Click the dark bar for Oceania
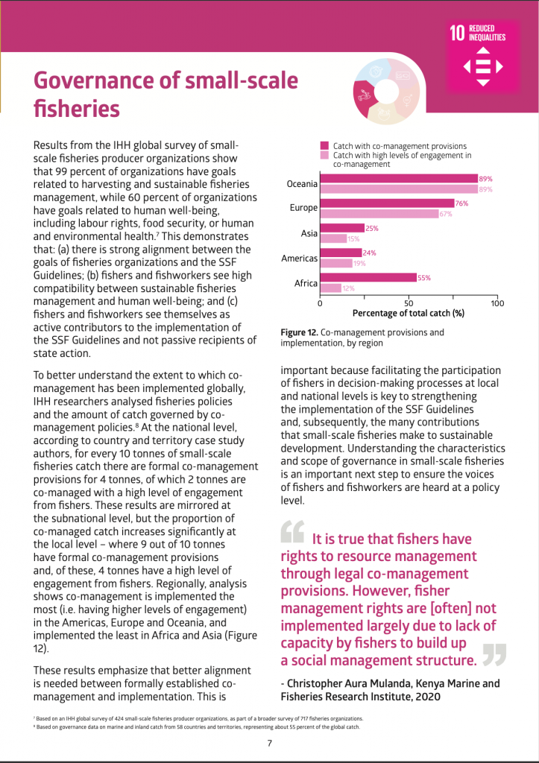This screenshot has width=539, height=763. (x=399, y=179)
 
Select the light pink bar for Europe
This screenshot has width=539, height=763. (x=379, y=214)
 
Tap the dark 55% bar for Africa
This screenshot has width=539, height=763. (x=368, y=278)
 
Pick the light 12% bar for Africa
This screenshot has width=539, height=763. (x=331, y=288)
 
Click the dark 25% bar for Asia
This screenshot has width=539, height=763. (x=342, y=228)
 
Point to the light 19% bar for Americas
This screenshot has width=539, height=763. (x=337, y=263)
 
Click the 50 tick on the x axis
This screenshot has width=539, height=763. (x=409, y=303)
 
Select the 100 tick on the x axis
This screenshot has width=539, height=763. (x=497, y=303)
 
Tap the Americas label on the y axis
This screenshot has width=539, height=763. (x=299, y=259)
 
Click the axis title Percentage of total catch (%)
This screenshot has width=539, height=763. (x=408, y=314)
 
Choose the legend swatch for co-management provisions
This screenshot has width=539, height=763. (x=324, y=146)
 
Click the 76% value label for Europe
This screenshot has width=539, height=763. (x=462, y=203)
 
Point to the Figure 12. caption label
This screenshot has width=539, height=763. (x=303, y=332)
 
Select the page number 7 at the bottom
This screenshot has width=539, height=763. (x=269, y=742)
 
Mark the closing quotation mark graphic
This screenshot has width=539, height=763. (x=494, y=653)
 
